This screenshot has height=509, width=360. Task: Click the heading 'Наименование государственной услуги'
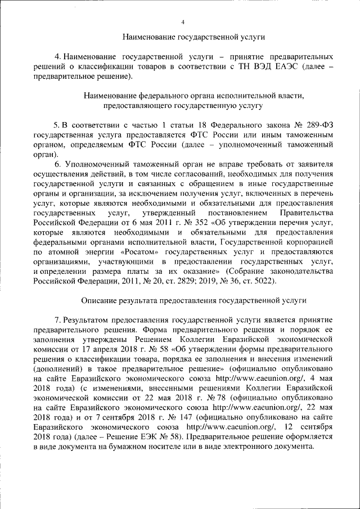click(x=193, y=37)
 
